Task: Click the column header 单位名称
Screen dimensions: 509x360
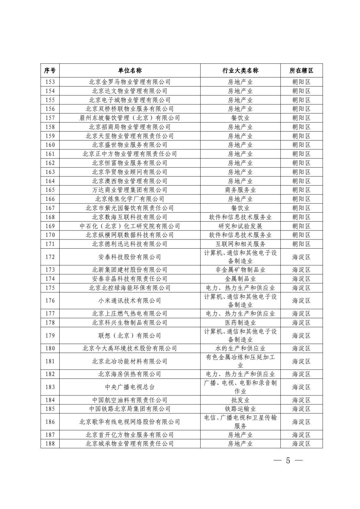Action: (x=130, y=70)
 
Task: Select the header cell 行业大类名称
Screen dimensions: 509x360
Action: (x=240, y=70)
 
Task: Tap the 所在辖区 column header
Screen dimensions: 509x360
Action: (x=301, y=70)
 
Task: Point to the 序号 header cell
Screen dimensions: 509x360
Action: (x=50, y=70)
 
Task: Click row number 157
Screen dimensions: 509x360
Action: (x=50, y=118)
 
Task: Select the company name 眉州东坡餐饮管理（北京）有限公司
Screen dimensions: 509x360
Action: (x=130, y=118)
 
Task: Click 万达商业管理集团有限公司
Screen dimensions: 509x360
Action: (x=130, y=190)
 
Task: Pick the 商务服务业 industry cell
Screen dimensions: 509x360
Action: (x=240, y=190)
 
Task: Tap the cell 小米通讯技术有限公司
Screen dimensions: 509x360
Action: (x=130, y=301)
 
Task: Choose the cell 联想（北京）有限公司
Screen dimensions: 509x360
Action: (x=130, y=336)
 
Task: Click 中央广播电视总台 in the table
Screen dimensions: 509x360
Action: (x=130, y=387)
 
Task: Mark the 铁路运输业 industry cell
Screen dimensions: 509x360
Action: (x=240, y=409)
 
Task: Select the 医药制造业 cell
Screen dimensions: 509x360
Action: (x=240, y=323)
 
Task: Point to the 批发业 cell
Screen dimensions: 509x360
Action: (x=240, y=400)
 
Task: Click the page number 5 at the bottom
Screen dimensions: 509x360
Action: (x=288, y=461)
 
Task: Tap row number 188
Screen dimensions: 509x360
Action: (x=50, y=444)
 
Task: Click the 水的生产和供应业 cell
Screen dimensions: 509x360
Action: (x=240, y=348)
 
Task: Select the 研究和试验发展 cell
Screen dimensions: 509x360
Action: (x=240, y=226)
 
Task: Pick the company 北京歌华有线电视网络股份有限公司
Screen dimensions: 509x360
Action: (x=130, y=422)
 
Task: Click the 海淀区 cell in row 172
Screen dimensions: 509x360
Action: (x=301, y=257)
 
